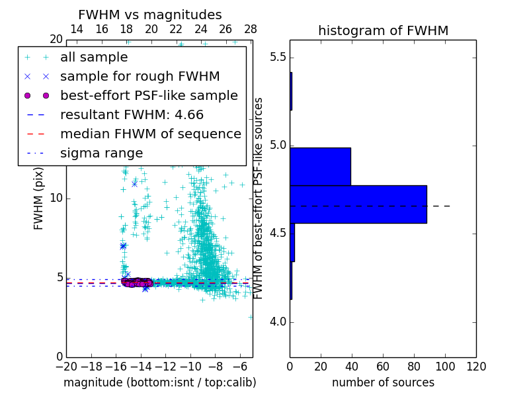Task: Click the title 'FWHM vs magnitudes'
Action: pyautogui.click(x=150, y=15)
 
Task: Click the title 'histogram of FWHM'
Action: pyautogui.click(x=383, y=30)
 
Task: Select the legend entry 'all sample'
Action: pyautogui.click(x=95, y=58)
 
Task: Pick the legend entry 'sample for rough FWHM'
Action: pyautogui.click(x=140, y=77)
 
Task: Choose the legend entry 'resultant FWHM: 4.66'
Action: pyautogui.click(x=132, y=115)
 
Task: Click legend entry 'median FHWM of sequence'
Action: pyautogui.click(x=150, y=134)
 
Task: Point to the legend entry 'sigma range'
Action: pyautogui.click(x=101, y=154)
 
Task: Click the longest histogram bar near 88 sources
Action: pyautogui.click(x=358, y=204)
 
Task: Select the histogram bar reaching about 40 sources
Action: pyautogui.click(x=320, y=166)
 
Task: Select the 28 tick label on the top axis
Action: pyautogui.click(x=251, y=29)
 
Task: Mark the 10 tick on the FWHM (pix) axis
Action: pyautogui.click(x=56, y=198)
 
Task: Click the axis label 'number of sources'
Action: pyautogui.click(x=383, y=383)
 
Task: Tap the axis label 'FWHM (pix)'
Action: pyautogui.click(x=39, y=198)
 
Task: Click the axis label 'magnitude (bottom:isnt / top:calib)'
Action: pyautogui.click(x=160, y=383)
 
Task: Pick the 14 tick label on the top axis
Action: pyautogui.click(x=77, y=29)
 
